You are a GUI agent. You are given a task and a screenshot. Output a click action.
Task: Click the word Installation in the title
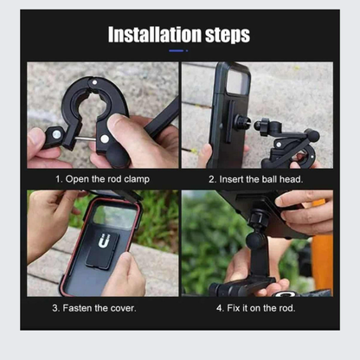click(155, 35)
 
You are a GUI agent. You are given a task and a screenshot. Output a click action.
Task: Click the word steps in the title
click(228, 35)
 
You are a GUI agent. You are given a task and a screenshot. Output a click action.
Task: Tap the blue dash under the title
click(177, 51)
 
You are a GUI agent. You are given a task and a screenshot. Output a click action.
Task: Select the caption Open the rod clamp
click(107, 179)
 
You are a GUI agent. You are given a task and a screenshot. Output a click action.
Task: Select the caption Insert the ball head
click(261, 179)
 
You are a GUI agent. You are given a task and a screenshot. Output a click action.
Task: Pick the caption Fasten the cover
click(100, 308)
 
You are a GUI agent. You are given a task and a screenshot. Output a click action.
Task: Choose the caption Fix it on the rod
click(261, 308)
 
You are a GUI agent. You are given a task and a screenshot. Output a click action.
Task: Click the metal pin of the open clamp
click(86, 138)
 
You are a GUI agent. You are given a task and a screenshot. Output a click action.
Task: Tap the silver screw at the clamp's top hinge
click(94, 82)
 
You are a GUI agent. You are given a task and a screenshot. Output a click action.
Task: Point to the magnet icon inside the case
click(104, 241)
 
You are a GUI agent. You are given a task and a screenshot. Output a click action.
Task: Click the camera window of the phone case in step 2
click(237, 82)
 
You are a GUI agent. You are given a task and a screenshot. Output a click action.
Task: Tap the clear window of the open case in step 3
click(115, 217)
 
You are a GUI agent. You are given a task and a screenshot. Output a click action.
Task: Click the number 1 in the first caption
click(57, 179)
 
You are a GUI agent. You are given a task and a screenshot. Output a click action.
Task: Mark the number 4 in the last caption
click(219, 308)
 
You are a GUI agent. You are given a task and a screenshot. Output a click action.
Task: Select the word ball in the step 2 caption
click(269, 179)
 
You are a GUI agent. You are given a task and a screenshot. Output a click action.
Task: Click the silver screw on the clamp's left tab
click(57, 134)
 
